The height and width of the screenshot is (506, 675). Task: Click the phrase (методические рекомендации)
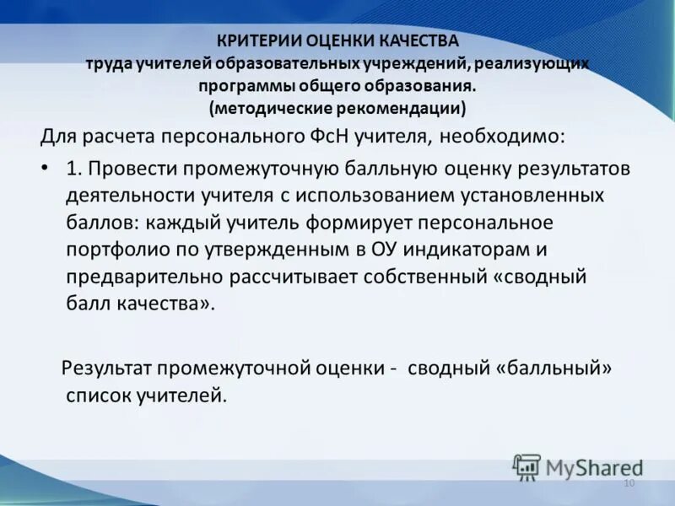(x=337, y=108)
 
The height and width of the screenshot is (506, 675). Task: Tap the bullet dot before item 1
(x=45, y=168)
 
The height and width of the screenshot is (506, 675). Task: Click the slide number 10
(x=628, y=483)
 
